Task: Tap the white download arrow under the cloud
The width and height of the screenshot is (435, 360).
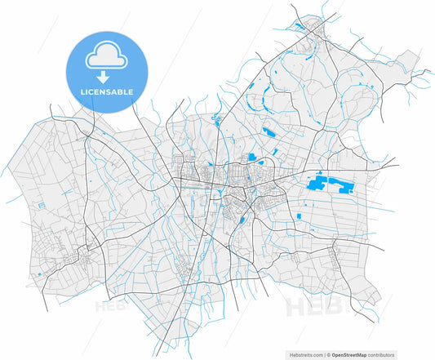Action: [x=104, y=78]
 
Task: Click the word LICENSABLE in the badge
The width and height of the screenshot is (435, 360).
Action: [x=107, y=92]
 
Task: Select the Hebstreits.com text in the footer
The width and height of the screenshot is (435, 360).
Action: [x=304, y=355]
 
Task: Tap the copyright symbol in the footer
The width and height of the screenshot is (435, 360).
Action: [x=329, y=355]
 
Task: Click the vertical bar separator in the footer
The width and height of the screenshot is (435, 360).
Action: [x=324, y=355]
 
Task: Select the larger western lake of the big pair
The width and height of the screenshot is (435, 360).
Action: [x=319, y=184]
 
